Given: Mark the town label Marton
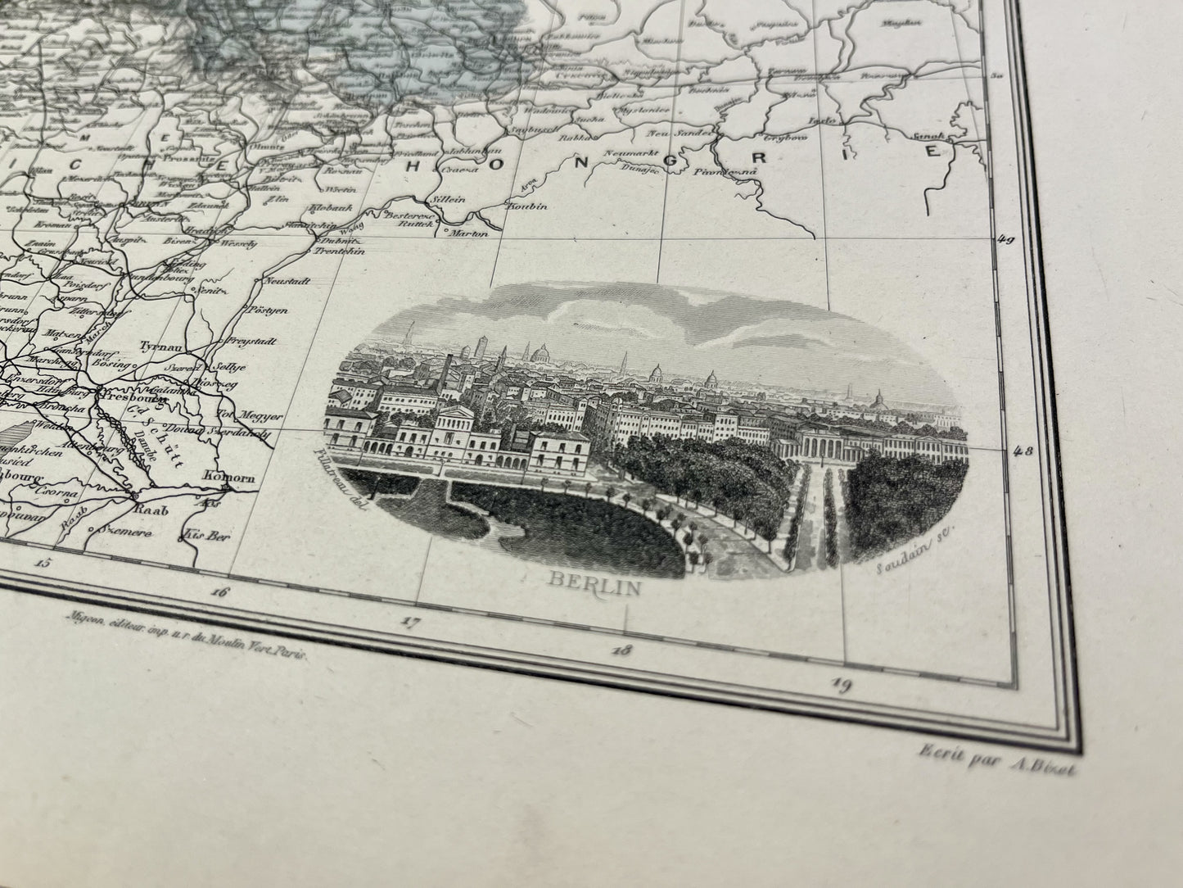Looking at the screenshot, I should [472, 233].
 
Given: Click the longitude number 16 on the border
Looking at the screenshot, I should [219, 593].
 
